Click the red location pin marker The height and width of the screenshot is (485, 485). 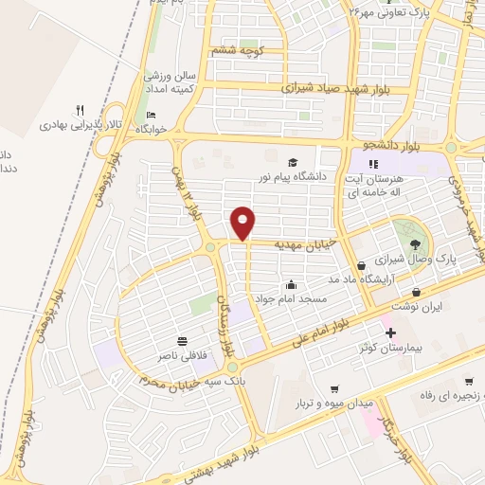[x=243, y=223]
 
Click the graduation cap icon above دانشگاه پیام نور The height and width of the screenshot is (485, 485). [x=293, y=162]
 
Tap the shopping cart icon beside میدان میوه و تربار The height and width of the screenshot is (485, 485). [x=335, y=390]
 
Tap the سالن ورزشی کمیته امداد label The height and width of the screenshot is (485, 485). [x=170, y=81]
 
